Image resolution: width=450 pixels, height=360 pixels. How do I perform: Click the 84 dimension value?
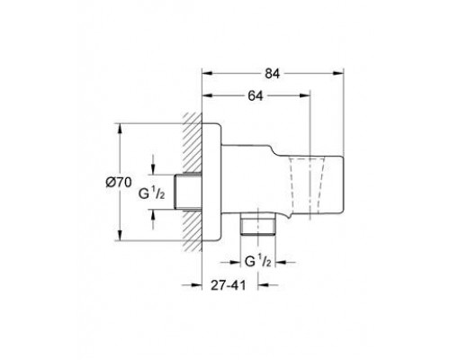coord(272,74)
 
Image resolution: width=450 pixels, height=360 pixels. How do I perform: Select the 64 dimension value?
coord(256,95)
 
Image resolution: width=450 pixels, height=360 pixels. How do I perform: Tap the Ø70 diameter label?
coord(119,182)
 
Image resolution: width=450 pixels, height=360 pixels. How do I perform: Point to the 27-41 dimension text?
coord(228,285)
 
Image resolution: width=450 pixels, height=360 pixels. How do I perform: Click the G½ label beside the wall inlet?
coord(151,193)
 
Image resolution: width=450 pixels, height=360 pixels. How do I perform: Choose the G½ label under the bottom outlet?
coord(258,261)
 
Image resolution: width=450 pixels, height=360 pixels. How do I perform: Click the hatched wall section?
coord(192,182)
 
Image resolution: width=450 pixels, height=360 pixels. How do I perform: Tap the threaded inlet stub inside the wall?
coord(188,192)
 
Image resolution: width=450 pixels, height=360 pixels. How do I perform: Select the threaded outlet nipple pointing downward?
coord(257,224)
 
